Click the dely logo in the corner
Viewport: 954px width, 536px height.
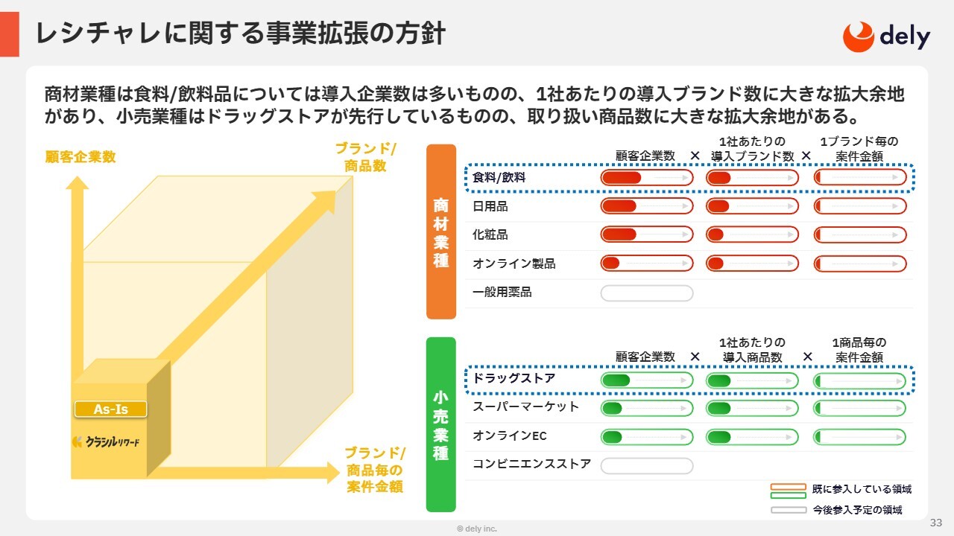pos(886,37)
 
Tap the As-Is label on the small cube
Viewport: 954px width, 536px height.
pos(111,409)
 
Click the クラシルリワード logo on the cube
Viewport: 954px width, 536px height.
pos(106,442)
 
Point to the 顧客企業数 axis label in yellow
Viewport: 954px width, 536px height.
pos(80,157)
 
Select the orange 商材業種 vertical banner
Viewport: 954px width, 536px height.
pos(441,232)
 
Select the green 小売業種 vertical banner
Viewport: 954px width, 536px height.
pos(441,424)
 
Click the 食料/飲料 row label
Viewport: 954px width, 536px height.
pos(499,177)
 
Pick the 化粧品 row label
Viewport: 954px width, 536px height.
pos(490,234)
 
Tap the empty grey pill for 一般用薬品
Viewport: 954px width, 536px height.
pos(647,293)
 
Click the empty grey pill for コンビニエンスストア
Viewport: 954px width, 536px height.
pos(647,466)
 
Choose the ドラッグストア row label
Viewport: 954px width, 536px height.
pos(514,378)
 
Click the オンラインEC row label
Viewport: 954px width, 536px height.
pos(509,435)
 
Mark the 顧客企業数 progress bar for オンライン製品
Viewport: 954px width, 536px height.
pos(647,264)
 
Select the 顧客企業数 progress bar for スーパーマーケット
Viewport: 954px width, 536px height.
pos(647,409)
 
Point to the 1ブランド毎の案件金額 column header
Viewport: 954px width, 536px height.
pos(859,149)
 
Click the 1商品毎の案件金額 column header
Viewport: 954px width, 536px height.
pos(859,350)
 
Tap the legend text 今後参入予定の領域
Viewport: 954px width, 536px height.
pos(857,510)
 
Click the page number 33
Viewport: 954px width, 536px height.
pos(936,523)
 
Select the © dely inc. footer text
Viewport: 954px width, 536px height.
pos(477,529)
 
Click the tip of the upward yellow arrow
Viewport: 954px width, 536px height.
pos(77,176)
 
